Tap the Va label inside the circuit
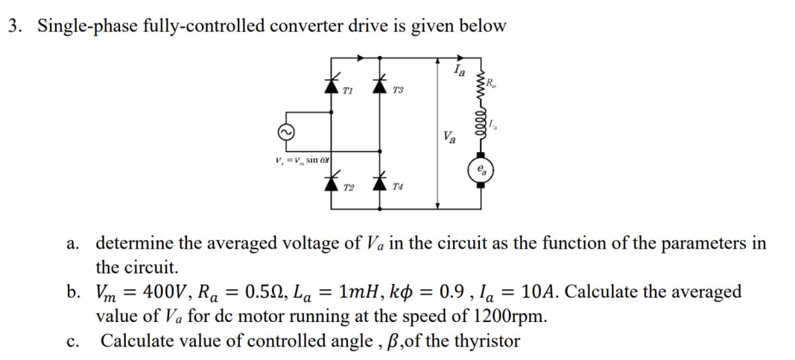tap(450, 136)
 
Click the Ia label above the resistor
tap(459, 72)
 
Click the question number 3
tap(13, 26)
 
